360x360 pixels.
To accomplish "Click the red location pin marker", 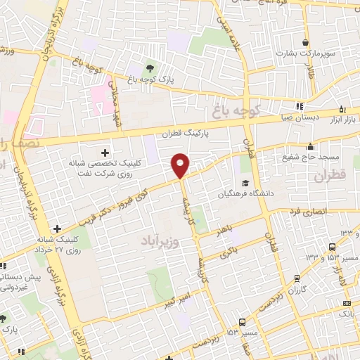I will pyautogui.click(x=181, y=165).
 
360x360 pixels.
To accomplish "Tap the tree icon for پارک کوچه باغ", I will pyautogui.click(x=149, y=68).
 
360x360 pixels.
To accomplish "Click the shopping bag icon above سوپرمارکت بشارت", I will pyautogui.click(x=304, y=41).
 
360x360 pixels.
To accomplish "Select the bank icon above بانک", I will pyautogui.click(x=347, y=304).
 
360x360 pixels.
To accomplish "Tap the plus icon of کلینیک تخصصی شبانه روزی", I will pyautogui.click(x=105, y=153).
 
